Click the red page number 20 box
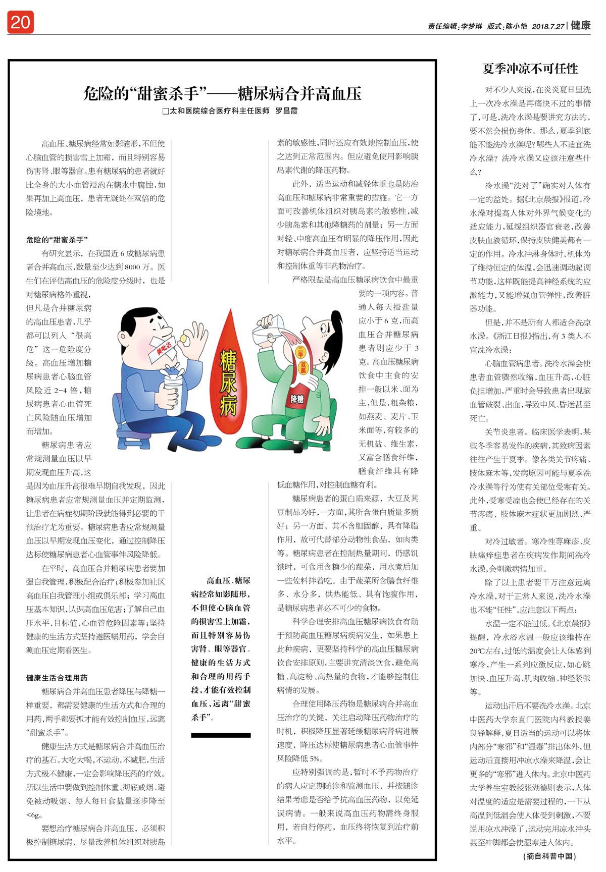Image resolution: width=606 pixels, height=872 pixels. coord(20,22)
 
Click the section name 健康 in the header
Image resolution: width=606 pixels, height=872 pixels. coord(581,25)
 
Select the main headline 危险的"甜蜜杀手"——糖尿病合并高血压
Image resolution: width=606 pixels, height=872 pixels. coord(222,94)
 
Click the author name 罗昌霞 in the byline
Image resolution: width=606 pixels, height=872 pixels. coord(286,111)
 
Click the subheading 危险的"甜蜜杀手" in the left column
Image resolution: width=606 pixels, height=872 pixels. coord(57,240)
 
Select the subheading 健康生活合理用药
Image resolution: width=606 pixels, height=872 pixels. coord(57,678)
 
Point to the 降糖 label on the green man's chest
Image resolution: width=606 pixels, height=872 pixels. coord(297,399)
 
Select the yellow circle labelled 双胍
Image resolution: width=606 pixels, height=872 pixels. coord(303,368)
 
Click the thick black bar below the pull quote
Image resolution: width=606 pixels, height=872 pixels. coord(221,735)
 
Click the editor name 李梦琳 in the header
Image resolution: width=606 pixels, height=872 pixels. coord(471,26)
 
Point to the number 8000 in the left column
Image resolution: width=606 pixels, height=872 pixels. coord(132,267)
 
